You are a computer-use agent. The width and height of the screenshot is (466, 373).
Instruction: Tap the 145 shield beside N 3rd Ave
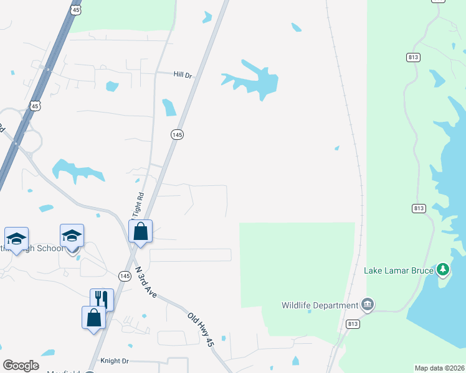pyautogui.click(x=125, y=275)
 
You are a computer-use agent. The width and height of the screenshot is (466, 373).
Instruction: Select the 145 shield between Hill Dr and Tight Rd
pyautogui.click(x=178, y=134)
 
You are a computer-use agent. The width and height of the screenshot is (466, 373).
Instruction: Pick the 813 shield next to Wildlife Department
pyautogui.click(x=353, y=325)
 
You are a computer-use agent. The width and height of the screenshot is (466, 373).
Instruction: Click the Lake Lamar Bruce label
pyautogui.click(x=398, y=270)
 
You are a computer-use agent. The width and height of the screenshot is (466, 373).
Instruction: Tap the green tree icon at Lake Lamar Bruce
pyautogui.click(x=443, y=269)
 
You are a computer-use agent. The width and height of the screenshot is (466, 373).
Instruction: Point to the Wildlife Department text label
pyautogui.click(x=320, y=305)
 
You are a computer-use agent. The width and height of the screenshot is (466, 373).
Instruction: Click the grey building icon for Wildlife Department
pyautogui.click(x=368, y=305)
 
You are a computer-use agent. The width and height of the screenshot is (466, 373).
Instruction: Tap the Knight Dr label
pyautogui.click(x=114, y=361)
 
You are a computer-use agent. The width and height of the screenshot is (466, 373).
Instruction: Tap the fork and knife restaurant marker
pyautogui.click(x=102, y=300)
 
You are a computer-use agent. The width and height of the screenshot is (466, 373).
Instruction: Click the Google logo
pyautogui.click(x=21, y=366)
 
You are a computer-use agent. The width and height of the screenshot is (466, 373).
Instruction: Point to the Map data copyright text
pyautogui.click(x=439, y=368)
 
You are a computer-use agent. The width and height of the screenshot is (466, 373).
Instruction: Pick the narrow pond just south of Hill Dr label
pyautogui.click(x=169, y=108)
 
